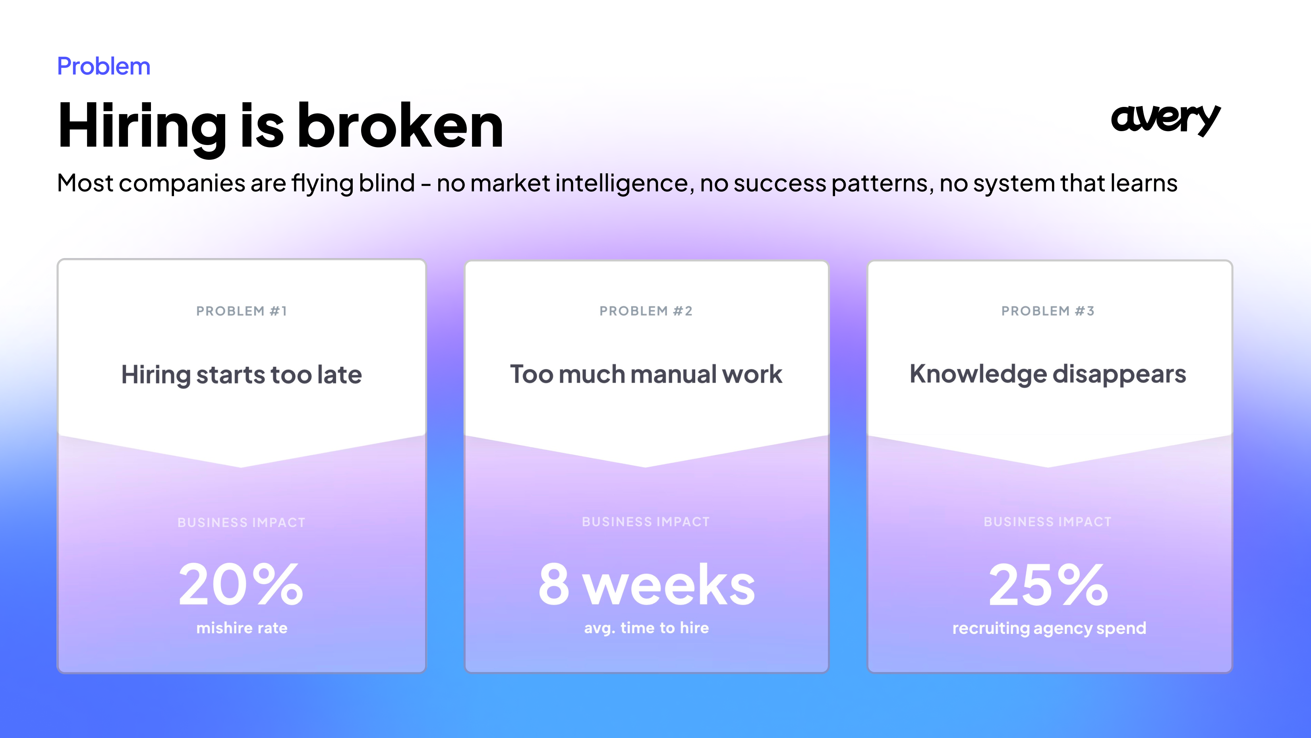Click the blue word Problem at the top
coord(104,67)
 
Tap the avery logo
coord(1166,120)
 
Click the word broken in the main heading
coord(400,125)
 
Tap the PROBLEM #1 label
coord(242,311)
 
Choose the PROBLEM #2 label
coord(646,311)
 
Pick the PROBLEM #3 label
coord(1048,311)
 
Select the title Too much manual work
coord(646,374)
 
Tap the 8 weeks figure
coord(646,585)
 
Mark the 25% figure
coord(1048,585)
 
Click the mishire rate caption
coord(242,628)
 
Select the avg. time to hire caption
coord(646,628)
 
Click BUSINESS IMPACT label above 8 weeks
coord(646,522)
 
